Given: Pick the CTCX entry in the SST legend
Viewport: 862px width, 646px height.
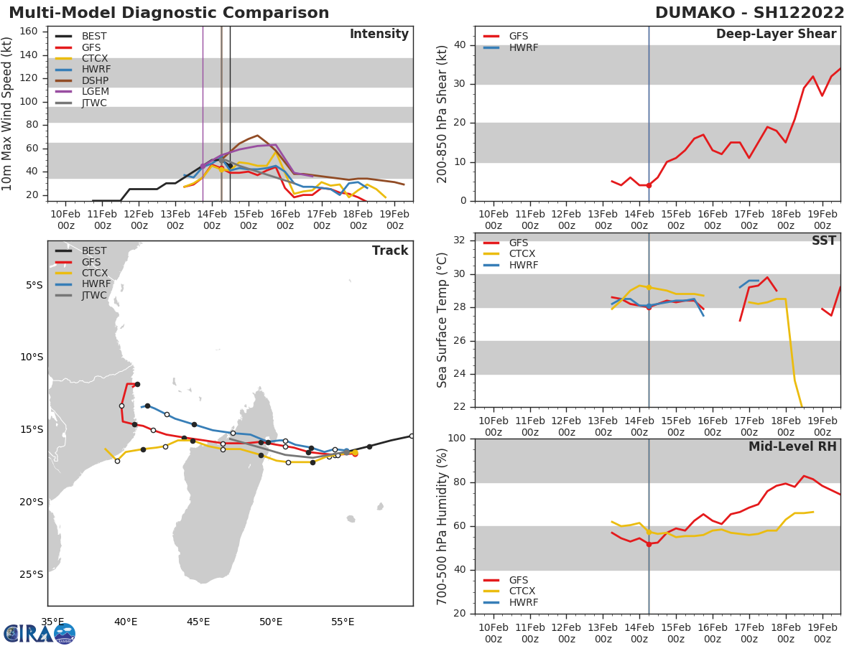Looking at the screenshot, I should (522, 254).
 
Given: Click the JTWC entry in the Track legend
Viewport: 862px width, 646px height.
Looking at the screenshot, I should (93, 296).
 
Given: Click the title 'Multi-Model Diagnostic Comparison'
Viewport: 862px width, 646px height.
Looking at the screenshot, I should (169, 13).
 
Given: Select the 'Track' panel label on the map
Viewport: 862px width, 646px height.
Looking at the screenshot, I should (390, 251).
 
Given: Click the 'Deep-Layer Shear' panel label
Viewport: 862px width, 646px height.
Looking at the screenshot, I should (776, 34).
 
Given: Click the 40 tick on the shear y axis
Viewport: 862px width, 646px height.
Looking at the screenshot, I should (459, 45).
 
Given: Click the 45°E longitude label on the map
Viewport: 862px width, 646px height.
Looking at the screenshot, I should (198, 621).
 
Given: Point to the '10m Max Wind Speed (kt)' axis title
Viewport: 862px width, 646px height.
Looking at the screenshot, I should (8, 113).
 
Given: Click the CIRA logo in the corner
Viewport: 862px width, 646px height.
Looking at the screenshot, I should (40, 633).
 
